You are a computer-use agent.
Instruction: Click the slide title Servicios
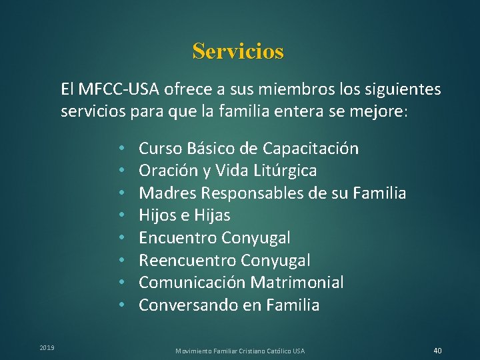tap(238, 51)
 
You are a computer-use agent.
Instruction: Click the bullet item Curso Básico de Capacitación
tap(249, 148)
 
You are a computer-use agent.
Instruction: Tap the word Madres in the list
tap(167, 193)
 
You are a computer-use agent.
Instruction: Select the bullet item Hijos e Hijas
tap(184, 215)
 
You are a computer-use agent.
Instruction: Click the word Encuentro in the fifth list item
tap(177, 238)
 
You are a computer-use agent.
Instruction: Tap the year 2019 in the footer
tap(47, 347)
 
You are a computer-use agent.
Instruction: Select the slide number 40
tap(437, 351)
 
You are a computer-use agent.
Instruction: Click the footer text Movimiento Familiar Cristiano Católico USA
tap(240, 351)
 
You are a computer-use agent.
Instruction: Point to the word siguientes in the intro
tap(402, 89)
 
